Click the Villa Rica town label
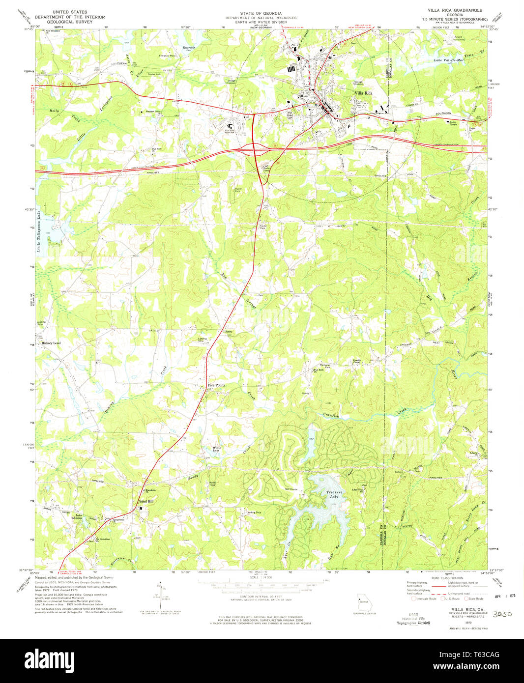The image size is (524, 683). (x=363, y=93)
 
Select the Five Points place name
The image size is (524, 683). (x=216, y=385)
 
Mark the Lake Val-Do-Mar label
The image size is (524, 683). (x=445, y=60)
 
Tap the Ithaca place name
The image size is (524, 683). (x=226, y=332)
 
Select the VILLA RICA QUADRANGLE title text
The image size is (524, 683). (x=455, y=10)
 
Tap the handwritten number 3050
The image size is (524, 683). (x=502, y=614)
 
